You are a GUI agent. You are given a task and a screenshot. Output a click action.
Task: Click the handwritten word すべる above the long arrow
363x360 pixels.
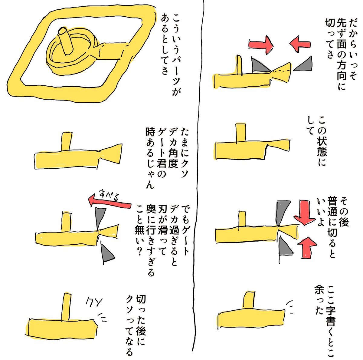110,196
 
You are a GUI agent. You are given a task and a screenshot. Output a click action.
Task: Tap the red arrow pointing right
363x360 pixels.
261,45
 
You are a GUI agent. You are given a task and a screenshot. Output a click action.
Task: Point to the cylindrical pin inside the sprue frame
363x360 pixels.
65,41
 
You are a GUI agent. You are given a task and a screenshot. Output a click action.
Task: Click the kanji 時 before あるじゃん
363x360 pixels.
151,132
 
